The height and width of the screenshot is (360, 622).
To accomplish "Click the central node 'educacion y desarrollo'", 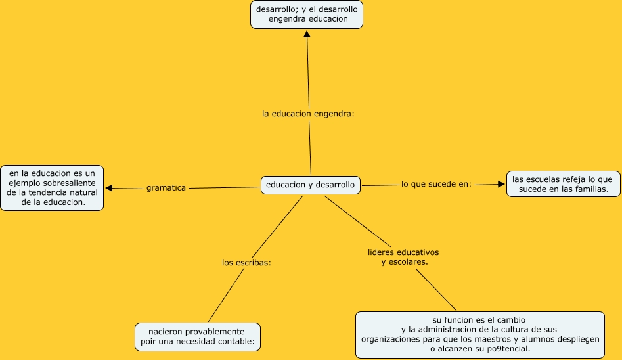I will (310, 185).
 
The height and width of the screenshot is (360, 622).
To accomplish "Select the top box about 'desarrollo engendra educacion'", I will (307, 14).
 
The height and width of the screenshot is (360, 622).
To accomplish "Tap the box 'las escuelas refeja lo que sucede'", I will (562, 184).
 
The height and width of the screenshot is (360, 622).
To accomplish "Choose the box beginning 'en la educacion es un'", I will (53, 188).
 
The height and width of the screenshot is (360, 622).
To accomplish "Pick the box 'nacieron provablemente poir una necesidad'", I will (198, 337).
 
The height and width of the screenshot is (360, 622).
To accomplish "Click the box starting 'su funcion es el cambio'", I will (479, 335).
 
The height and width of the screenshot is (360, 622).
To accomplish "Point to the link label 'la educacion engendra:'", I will (308, 114).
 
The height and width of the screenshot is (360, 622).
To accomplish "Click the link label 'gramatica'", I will (166, 188).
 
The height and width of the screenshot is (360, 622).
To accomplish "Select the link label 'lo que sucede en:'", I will (436, 184).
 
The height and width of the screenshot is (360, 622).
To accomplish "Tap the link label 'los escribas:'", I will (247, 263).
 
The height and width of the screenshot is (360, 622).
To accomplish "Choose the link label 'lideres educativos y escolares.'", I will (403, 257).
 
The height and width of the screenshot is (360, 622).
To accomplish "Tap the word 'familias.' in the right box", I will (588, 189).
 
